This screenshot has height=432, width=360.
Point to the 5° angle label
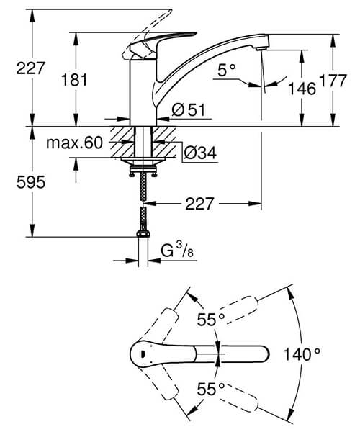[x=227, y=70]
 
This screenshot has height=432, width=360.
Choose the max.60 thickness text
[x=75, y=143]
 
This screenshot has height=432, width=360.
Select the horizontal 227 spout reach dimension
[x=200, y=204]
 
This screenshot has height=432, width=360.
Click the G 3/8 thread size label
[x=175, y=251]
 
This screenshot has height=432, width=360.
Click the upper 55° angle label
[x=212, y=319]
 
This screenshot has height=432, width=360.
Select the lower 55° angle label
[x=212, y=389]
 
